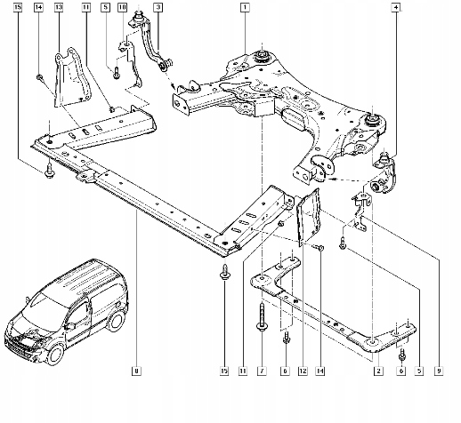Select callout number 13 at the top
click(59, 7)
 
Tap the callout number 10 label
click(122, 7)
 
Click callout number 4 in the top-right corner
click(394, 7)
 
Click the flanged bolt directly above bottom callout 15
click(224, 277)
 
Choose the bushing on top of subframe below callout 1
click(263, 57)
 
